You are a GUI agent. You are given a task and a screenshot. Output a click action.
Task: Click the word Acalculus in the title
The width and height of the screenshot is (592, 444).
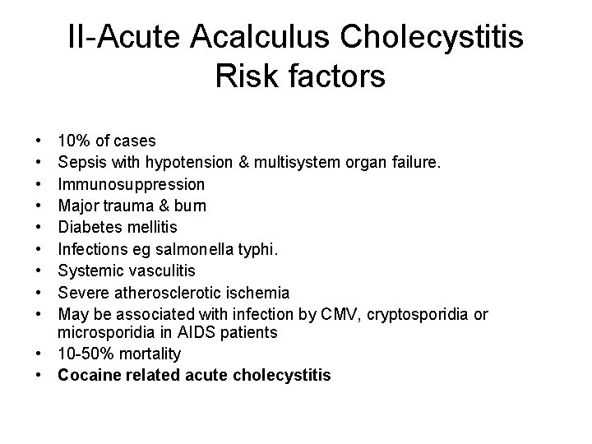[261, 39]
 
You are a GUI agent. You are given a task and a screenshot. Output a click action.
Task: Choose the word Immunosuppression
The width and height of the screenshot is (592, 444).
[131, 183]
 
